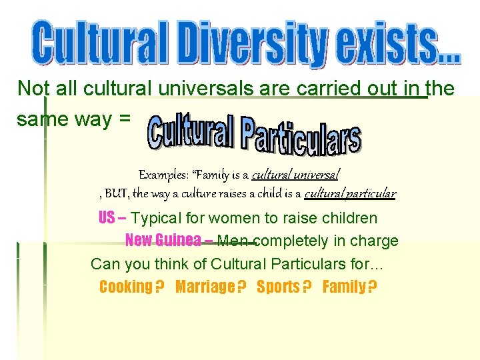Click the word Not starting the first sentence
click(x=31, y=88)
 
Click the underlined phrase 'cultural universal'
click(x=295, y=175)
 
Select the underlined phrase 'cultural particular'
click(x=350, y=194)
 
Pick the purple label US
click(x=107, y=218)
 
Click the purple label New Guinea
click(x=163, y=240)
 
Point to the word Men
click(x=232, y=241)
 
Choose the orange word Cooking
click(x=125, y=287)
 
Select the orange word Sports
click(x=278, y=287)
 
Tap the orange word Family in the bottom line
click(x=344, y=287)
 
